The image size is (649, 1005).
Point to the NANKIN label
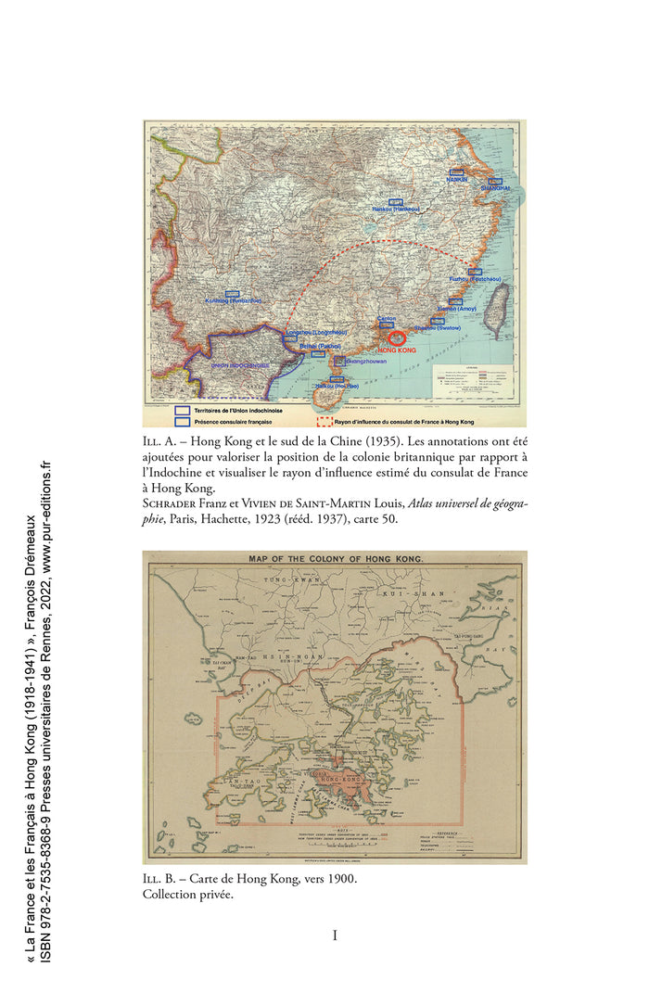[x=456, y=179]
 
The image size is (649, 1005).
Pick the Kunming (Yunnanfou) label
[x=232, y=300]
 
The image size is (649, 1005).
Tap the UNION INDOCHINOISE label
[x=240, y=365]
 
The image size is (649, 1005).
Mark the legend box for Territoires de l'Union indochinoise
[x=182, y=409]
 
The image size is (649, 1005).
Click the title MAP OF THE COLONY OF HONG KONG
[x=335, y=560]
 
